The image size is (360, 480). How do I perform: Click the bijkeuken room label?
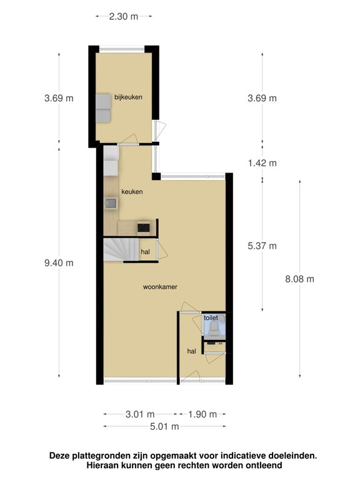pyautogui.click(x=128, y=97)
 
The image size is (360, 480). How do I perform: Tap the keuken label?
pyautogui.click(x=132, y=192)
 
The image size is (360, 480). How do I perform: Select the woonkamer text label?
pyautogui.click(x=160, y=287)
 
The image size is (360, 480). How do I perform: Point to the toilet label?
pyautogui.click(x=211, y=317)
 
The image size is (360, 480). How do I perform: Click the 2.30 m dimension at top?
pyautogui.click(x=124, y=16)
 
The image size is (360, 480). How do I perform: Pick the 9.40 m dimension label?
pyautogui.click(x=59, y=262)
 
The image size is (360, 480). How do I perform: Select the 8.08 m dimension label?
pyautogui.click(x=300, y=279)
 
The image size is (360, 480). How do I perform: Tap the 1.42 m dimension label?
pyautogui.click(x=262, y=163)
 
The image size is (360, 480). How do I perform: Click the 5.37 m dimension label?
pyautogui.click(x=262, y=246)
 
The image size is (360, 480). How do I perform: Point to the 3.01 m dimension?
pyautogui.click(x=140, y=414)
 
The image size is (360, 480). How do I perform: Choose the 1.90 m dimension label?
pyautogui.click(x=202, y=414)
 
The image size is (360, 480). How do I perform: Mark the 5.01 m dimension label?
pyautogui.click(x=164, y=426)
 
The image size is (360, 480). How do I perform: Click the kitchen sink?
pyautogui.click(x=111, y=203)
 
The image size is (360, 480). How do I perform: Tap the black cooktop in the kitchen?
pyautogui.click(x=144, y=227)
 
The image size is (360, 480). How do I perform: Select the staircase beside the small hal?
pyautogui.click(x=121, y=249)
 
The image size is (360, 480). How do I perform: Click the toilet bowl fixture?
pyautogui.click(x=214, y=327)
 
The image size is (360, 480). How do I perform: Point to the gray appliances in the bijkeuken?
pyautogui.click(x=103, y=108)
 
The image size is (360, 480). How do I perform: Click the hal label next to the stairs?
pyautogui.click(x=146, y=252)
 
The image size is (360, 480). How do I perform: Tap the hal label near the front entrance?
pyautogui.click(x=192, y=351)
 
